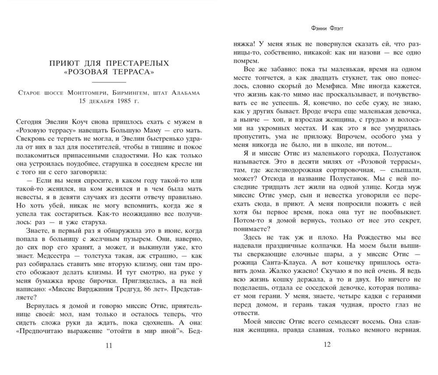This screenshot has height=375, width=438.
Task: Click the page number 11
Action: [109, 346]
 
